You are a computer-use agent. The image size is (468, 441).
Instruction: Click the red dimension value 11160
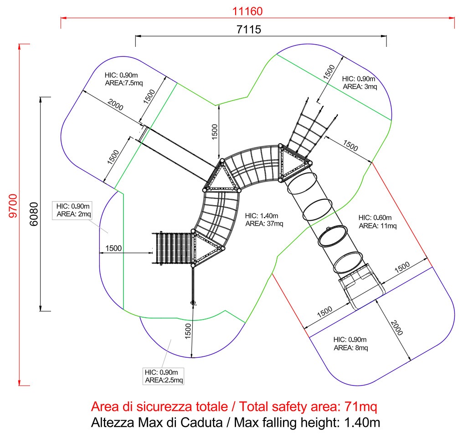coord(247,11)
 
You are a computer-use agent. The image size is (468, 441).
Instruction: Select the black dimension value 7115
coord(249,30)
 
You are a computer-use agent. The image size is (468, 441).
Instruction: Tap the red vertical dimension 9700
coord(13,205)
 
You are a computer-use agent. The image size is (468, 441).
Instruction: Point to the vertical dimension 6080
coord(34,214)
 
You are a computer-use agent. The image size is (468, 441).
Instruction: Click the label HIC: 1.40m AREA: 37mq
coord(264,219)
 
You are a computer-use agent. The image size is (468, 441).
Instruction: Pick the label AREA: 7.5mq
coord(124,83)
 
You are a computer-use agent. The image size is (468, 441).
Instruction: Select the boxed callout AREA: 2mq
coord(74,214)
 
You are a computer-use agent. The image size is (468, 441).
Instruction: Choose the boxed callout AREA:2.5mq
coord(164,380)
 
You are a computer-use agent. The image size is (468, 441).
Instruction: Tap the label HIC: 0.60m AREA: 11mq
coord(378,222)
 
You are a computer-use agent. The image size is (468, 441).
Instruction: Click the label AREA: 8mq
coord(351,348)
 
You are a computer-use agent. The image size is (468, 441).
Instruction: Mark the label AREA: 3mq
coord(360,86)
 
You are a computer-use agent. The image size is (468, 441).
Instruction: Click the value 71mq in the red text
coord(360,406)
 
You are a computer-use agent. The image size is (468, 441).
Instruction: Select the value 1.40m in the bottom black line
coord(362,422)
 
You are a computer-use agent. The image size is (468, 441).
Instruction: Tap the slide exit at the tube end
coord(361,286)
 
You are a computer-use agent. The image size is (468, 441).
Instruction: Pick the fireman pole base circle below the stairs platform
coord(193,303)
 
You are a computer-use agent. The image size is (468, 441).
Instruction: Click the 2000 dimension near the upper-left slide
coord(115,104)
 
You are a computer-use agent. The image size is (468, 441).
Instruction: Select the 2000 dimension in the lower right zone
coord(396,328)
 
